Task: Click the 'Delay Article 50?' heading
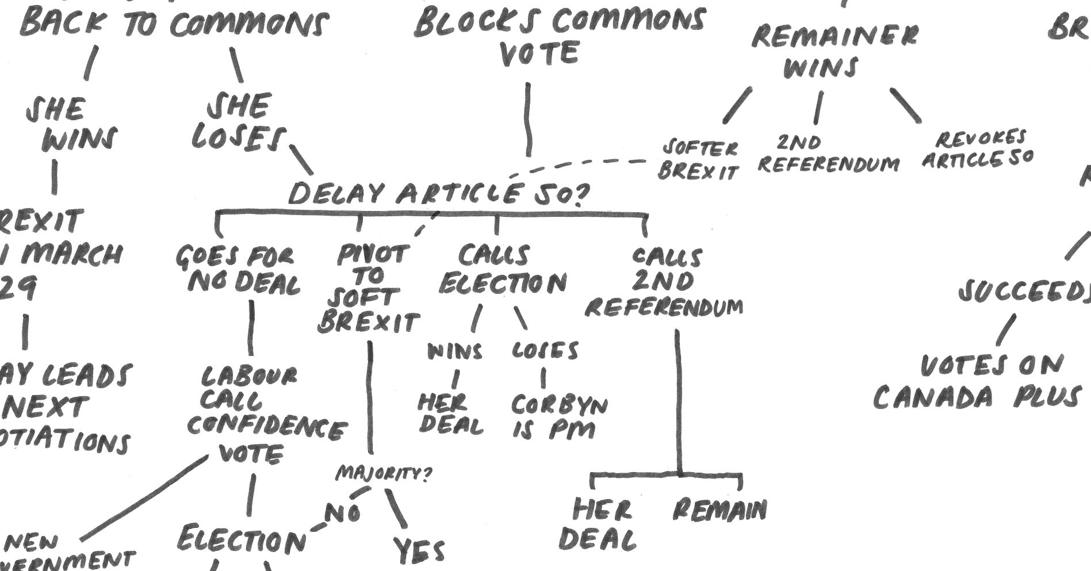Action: coord(438,194)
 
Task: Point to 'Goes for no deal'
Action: coord(238,270)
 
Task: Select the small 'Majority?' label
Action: coord(383,474)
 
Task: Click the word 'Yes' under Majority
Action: coord(419,550)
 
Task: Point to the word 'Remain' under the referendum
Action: coord(719,509)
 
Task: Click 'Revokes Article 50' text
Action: coord(978,149)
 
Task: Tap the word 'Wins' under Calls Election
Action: coord(455,351)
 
